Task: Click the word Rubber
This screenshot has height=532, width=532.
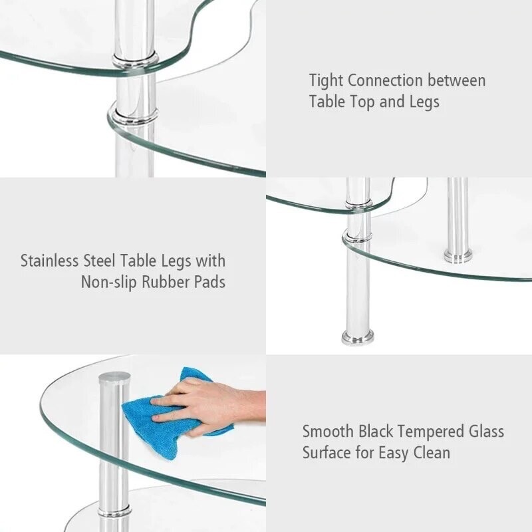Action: click(x=166, y=282)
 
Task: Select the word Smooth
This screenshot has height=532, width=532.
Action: click(x=329, y=431)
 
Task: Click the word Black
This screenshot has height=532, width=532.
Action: click(x=382, y=431)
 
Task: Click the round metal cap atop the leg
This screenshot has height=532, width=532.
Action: click(x=114, y=378)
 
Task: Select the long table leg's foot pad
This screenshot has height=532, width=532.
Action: click(x=357, y=337)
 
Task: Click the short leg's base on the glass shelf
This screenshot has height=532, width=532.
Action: click(x=458, y=256)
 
